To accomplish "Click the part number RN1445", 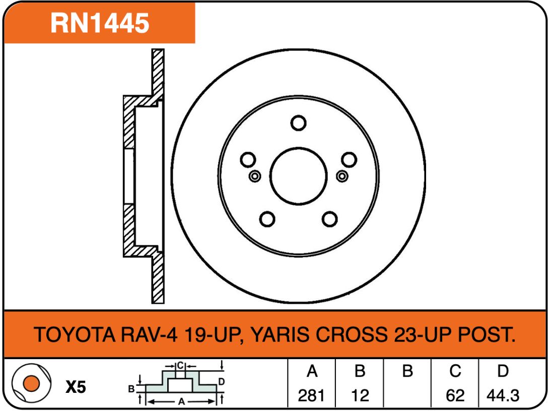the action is pos(100,23).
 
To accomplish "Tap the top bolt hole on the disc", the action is pos(299,123).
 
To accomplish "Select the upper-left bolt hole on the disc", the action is pos(248,160).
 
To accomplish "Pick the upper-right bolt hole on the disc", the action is pos(349,160).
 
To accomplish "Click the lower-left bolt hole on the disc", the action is pos(267,219).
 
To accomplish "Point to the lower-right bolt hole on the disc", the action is pos(330,219).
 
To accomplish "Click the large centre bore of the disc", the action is pos(299,176).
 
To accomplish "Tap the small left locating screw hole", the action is pos(255,176).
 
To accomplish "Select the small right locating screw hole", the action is pos(342,176).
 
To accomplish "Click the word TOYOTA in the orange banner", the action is pos(75,334).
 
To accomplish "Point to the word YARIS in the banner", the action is pos(282,334).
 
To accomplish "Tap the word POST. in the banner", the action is pos(487,334).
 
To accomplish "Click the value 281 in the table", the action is pos(311,396).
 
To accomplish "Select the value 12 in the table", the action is pos(360,396).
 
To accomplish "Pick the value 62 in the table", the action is pos(455,396).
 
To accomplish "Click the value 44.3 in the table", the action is pos(503,396).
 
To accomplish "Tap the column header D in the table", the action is pos(503,371).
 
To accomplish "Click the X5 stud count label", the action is pos(76,387).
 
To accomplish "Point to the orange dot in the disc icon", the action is pos(31,383).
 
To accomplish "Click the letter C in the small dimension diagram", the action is pos(180,366).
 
